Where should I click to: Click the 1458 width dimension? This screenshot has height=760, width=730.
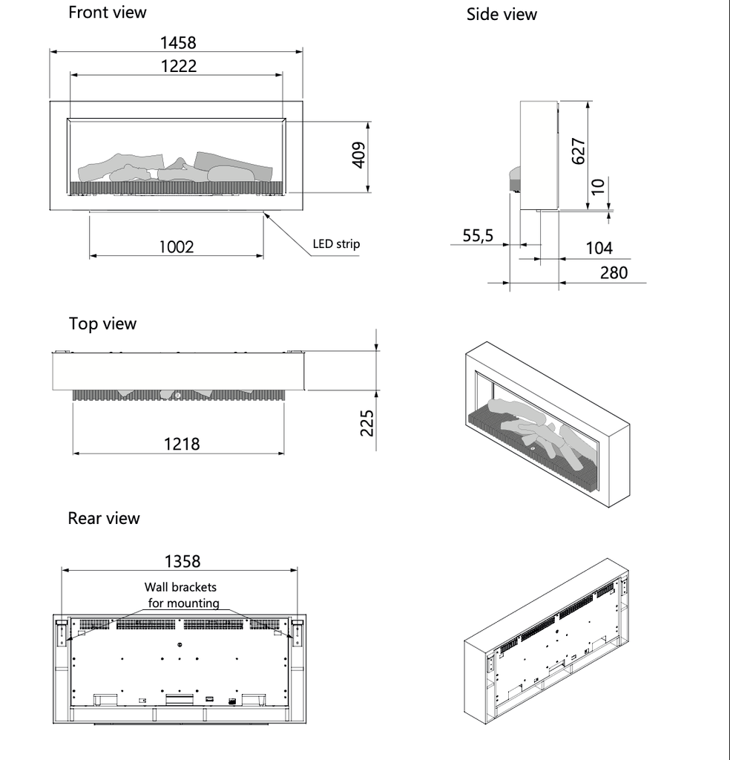178,43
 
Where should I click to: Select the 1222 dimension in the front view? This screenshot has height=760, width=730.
178,66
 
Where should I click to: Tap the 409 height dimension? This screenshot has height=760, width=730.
359,156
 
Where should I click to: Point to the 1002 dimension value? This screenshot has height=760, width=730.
176,246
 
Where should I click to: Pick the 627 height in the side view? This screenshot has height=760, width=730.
579,151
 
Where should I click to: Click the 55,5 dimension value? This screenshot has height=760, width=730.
478,236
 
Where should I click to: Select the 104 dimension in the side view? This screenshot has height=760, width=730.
599,248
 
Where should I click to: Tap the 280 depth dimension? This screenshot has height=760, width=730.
613,272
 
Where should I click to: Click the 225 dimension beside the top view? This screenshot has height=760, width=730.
366,422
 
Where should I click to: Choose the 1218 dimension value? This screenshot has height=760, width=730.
181,444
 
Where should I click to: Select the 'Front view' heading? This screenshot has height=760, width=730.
107,13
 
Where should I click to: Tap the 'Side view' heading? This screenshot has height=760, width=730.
502,14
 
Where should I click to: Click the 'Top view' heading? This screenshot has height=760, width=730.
102,324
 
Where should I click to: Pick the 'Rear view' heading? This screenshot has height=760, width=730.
103,518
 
